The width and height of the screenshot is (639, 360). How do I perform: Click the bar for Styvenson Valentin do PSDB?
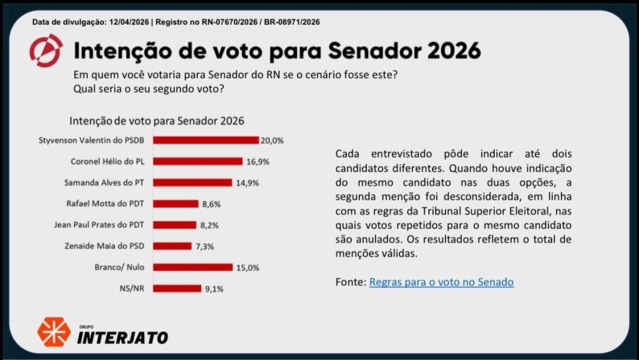click(x=206, y=140)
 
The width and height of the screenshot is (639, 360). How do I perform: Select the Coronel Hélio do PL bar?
click(x=198, y=162)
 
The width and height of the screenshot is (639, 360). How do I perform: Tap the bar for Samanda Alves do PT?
click(x=193, y=183)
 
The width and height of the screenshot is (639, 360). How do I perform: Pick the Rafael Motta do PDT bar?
click(x=176, y=203)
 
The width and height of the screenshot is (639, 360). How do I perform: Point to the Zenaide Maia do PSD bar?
click(x=172, y=246)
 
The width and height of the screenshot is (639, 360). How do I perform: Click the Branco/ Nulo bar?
click(x=193, y=267)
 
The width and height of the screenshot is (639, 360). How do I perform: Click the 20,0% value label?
click(x=272, y=141)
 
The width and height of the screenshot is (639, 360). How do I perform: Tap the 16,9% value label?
click(x=256, y=162)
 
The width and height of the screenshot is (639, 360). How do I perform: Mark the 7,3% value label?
click(x=205, y=246)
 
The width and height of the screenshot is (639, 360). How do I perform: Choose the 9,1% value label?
click(x=213, y=289)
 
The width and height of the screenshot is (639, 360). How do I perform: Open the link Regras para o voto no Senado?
click(x=441, y=282)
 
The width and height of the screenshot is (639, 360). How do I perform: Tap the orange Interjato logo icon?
click(x=54, y=332)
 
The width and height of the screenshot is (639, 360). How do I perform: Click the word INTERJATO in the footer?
click(x=122, y=338)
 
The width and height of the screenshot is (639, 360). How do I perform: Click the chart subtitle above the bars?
click(x=157, y=120)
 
